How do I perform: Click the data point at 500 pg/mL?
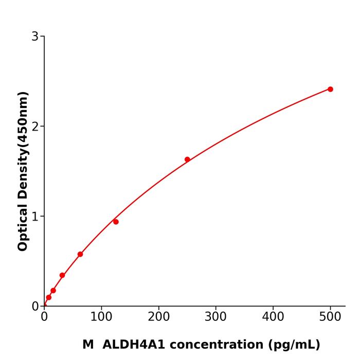(330, 89)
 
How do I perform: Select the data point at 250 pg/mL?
(187, 159)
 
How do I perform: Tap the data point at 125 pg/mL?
(116, 222)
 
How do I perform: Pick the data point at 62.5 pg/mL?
(80, 254)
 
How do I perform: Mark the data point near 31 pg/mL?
(62, 275)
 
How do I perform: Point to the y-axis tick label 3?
(35, 37)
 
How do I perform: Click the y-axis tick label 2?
(35, 127)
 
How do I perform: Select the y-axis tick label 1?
(35, 217)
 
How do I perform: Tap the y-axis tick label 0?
(35, 307)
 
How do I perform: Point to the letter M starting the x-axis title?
(88, 345)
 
